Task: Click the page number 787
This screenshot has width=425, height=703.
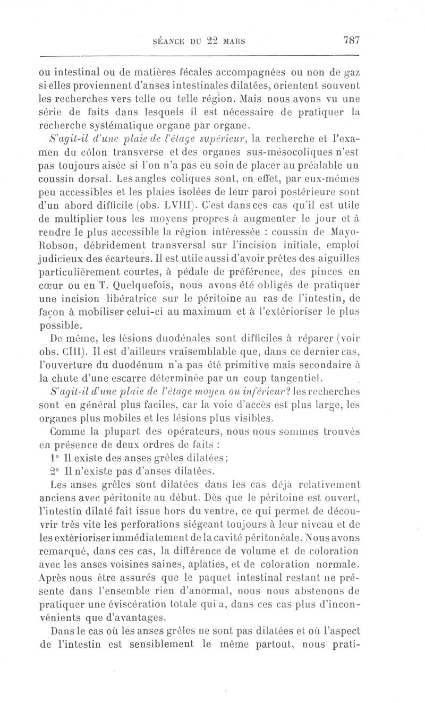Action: click(352, 40)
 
